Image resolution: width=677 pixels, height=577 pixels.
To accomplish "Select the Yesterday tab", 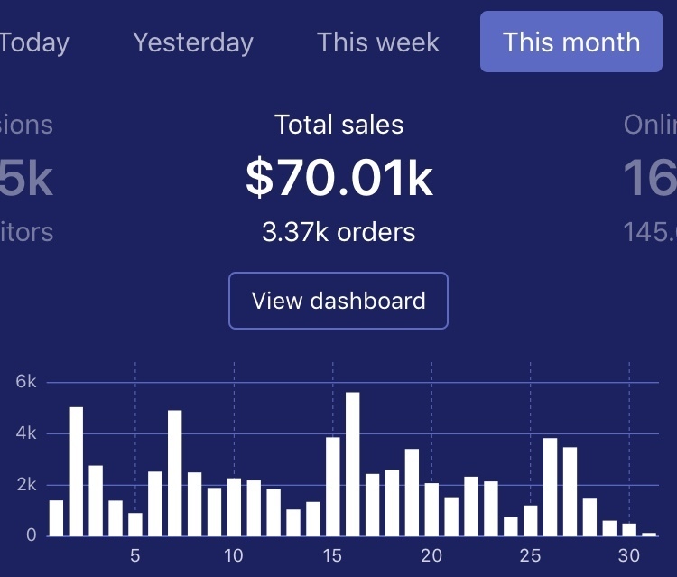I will [x=193, y=42].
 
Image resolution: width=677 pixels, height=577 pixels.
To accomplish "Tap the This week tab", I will [x=378, y=42].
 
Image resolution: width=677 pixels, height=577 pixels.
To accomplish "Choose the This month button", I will [x=571, y=42].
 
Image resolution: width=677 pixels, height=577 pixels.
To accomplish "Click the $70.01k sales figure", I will [x=339, y=178].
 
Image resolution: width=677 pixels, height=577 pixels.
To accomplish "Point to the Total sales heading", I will [x=339, y=125].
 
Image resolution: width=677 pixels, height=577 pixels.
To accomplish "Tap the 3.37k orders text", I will [x=339, y=232].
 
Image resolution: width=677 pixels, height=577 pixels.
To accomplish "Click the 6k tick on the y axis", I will [x=25, y=382].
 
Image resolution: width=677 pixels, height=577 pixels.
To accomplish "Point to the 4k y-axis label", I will [x=25, y=433].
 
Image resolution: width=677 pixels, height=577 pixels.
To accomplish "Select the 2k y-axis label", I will [x=25, y=485].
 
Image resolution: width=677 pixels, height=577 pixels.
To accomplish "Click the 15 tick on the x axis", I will [x=333, y=555].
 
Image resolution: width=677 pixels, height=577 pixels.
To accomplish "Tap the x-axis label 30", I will [x=629, y=555].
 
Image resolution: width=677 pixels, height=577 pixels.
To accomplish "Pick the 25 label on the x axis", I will [x=530, y=555].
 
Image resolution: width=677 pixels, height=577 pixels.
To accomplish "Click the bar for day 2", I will [x=76, y=471].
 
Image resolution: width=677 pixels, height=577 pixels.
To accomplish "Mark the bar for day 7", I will [x=175, y=473].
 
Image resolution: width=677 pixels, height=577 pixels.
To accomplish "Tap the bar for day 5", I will [x=135, y=524].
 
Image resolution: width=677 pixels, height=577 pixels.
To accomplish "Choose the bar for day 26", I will [x=550, y=487].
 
